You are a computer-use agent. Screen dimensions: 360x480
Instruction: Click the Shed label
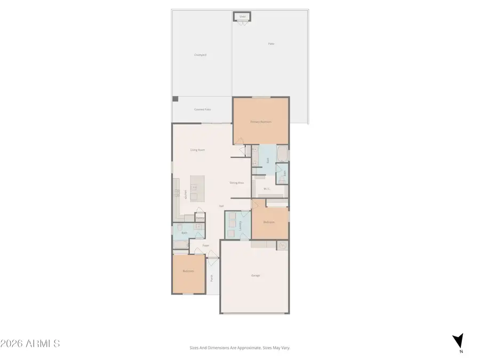[x=243, y=17]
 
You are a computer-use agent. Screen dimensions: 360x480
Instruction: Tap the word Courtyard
[x=200, y=55]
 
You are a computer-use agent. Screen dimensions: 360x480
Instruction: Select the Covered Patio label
[x=202, y=109]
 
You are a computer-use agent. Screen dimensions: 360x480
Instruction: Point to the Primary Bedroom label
[x=261, y=122]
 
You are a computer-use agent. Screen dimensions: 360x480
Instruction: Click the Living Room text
[x=198, y=150]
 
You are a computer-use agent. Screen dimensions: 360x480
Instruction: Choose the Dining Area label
[x=237, y=182]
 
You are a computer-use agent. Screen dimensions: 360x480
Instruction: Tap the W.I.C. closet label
[x=267, y=188]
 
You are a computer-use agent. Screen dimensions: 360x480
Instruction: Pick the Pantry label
[x=200, y=218]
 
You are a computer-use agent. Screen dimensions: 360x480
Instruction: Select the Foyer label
[x=205, y=246]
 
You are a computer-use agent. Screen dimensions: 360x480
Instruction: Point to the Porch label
[x=212, y=277]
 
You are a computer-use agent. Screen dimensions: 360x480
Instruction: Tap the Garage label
[x=255, y=275]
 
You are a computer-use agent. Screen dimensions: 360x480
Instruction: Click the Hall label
[x=221, y=206]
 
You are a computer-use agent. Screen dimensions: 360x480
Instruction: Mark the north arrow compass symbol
[x=458, y=342]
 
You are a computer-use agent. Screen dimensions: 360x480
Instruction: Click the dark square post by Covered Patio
[x=175, y=99]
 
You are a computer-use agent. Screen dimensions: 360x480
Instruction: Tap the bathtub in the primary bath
[x=282, y=155]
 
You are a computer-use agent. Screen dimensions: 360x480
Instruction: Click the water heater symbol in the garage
[x=283, y=245]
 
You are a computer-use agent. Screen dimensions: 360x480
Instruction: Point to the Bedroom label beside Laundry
[x=269, y=222]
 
